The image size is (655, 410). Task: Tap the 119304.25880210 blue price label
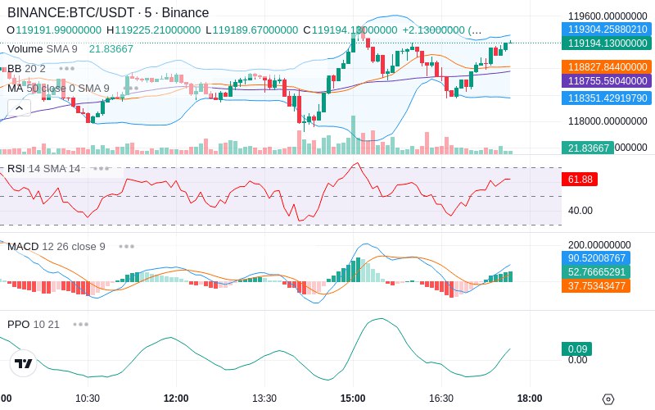tap(608, 29)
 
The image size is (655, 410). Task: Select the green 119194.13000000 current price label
tap(608, 43)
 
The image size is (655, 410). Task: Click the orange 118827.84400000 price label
tap(608, 66)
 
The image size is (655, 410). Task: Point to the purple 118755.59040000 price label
tap(608, 81)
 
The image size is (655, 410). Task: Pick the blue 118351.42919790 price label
tap(608, 98)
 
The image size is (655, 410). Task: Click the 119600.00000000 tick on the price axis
tap(608, 16)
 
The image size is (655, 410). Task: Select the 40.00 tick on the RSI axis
tap(580, 211)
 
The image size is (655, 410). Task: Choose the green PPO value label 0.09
tap(577, 348)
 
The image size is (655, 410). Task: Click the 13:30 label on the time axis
tap(264, 399)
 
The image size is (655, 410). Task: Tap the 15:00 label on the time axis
tap(352, 399)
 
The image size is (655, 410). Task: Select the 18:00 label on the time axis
tap(529, 399)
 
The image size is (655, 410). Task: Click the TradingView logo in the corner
tap(24, 363)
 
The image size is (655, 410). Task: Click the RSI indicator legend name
tap(16, 168)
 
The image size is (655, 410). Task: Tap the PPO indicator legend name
tap(18, 324)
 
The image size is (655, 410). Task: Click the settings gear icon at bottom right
tap(608, 399)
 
